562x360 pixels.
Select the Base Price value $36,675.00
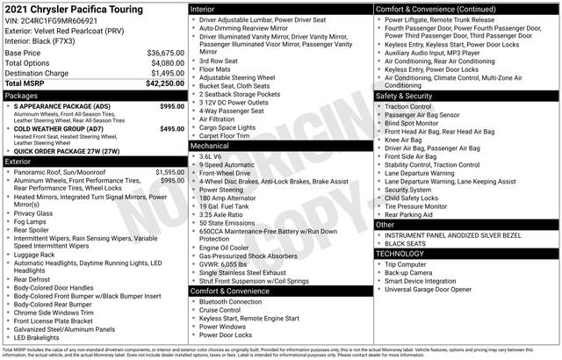165,54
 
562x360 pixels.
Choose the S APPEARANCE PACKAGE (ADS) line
62,105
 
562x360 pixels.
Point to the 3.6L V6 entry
211,155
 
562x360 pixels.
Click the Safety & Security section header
403,95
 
